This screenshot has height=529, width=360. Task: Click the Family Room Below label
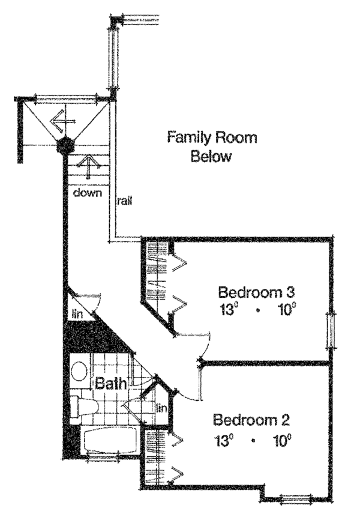click(212, 147)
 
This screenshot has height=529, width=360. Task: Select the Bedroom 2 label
click(251, 420)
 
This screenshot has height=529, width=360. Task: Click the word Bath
click(111, 383)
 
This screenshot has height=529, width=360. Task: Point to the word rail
click(124, 201)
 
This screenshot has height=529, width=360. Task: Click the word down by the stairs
click(88, 193)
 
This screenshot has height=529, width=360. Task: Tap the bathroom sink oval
click(79, 372)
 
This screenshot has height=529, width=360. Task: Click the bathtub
click(110, 439)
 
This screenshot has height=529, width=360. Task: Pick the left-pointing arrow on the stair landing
click(62, 121)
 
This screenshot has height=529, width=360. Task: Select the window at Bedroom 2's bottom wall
click(296, 498)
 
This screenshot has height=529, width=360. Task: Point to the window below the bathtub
click(103, 458)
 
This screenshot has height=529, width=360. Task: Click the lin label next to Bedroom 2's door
click(162, 408)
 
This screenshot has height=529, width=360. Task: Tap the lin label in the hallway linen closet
click(77, 314)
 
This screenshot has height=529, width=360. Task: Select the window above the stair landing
click(67, 99)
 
